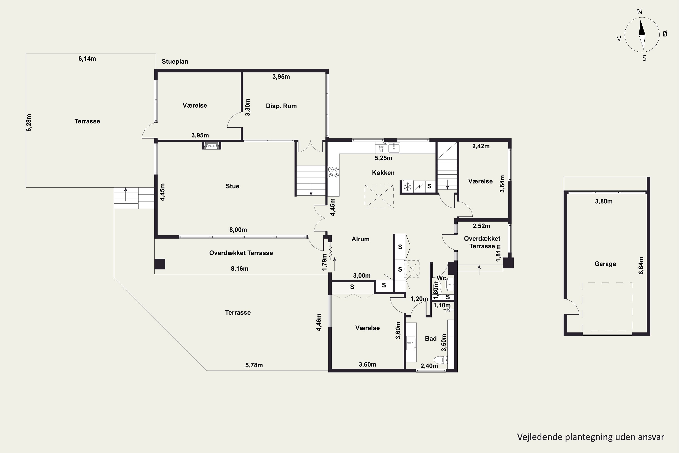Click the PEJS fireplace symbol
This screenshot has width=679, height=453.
tap(212, 145)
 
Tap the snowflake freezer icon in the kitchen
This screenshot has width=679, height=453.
tap(407, 187)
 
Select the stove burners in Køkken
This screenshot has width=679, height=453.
tap(333, 172)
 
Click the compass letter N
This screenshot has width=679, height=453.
tap(639, 12)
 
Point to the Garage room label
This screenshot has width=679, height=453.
tap(605, 264)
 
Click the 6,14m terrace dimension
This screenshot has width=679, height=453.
tap(87, 59)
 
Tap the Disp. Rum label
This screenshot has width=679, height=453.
tap(281, 106)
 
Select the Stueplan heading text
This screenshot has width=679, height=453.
tap(175, 62)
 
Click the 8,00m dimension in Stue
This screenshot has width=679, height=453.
tap(238, 230)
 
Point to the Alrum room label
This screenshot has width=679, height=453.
tap(361, 239)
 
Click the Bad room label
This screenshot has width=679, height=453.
tap(431, 339)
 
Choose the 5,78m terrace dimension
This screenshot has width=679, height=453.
tap(254, 365)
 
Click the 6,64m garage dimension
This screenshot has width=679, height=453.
tap(641, 265)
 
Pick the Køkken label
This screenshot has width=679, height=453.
tap(383, 173)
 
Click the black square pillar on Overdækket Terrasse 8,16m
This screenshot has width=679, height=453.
tap(160, 264)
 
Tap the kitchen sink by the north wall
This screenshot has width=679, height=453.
tap(394, 147)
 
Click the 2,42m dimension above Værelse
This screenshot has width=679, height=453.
tap(481, 146)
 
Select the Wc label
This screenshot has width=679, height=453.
tap(441, 278)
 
